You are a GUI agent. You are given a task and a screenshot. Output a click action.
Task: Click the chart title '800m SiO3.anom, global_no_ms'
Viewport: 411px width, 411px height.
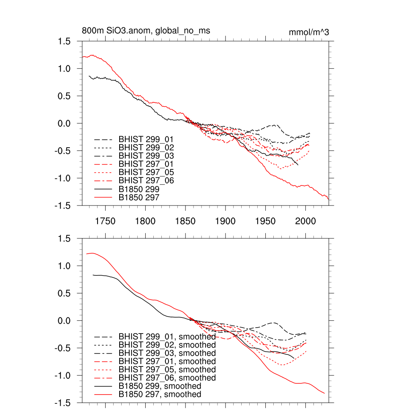point(146,31)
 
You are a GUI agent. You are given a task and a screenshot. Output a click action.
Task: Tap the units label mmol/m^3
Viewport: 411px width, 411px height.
point(309,32)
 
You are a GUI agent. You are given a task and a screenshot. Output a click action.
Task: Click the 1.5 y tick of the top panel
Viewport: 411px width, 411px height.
point(66,41)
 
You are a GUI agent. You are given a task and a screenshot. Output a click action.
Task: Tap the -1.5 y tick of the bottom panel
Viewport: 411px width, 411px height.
point(64,403)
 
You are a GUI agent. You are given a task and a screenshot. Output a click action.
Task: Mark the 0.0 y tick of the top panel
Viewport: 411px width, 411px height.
point(66,123)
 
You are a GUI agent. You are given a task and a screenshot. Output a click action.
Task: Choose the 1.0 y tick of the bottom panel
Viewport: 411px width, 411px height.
point(66,266)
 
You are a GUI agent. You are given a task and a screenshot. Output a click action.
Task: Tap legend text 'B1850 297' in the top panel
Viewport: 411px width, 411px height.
point(139,197)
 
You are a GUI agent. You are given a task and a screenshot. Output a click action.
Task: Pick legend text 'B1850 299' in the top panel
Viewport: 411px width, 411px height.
point(139,189)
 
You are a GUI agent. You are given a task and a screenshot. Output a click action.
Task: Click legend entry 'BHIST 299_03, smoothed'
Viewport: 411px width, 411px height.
point(167,353)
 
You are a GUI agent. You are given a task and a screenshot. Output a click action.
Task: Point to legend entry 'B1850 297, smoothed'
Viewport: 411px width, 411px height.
point(160,395)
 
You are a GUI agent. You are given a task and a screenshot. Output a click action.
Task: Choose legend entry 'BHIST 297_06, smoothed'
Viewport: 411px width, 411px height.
point(167,378)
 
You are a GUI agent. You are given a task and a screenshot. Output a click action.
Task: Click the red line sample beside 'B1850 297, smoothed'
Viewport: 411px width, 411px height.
point(103,395)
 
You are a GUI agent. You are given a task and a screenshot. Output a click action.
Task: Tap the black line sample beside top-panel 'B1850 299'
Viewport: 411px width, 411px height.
point(103,189)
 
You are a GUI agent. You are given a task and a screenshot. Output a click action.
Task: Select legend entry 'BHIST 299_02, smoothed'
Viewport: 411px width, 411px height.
point(167,345)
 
